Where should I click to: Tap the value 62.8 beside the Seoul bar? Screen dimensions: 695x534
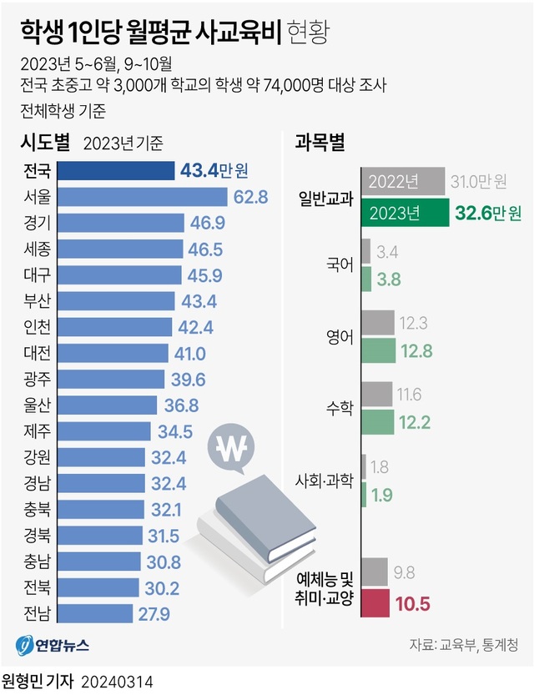click(x=251, y=198)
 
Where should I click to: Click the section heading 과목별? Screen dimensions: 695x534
click(x=320, y=143)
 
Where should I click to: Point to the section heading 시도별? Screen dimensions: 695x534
click(x=45, y=143)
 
